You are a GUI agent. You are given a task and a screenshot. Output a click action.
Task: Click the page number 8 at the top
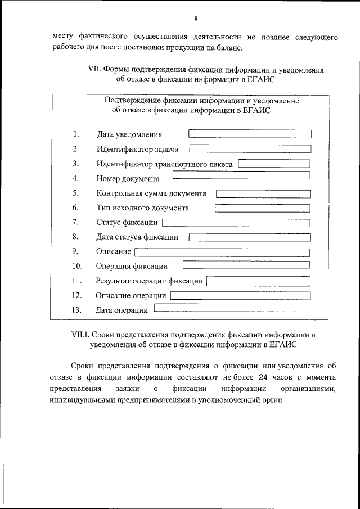coord(196,19)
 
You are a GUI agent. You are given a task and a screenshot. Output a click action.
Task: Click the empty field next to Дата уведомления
coord(249,134)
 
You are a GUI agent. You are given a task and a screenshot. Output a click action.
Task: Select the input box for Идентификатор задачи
coord(250,149)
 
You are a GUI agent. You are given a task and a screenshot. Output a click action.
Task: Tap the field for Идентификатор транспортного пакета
coord(274,164)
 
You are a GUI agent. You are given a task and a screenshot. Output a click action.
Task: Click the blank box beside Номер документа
coord(241,175)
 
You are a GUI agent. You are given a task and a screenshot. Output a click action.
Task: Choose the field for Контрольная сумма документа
coord(263,193)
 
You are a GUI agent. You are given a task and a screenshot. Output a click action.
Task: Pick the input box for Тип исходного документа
coord(262,208)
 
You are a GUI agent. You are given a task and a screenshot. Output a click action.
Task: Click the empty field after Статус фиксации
coord(236,223)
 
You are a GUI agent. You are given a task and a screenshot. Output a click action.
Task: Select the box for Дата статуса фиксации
coord(249,237)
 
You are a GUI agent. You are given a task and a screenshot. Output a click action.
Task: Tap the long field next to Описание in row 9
coord(222,252)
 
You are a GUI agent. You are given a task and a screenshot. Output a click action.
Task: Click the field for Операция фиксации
coord(246,264)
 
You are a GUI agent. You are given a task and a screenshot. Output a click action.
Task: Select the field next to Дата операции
coord(231,308)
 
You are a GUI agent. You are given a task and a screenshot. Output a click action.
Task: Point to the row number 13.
coord(77,310)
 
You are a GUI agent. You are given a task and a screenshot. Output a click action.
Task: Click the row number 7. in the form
coord(75,222)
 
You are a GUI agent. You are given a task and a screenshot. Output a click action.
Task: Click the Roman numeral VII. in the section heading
coord(95,70)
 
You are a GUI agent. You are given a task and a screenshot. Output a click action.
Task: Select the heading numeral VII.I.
coord(79,334)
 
